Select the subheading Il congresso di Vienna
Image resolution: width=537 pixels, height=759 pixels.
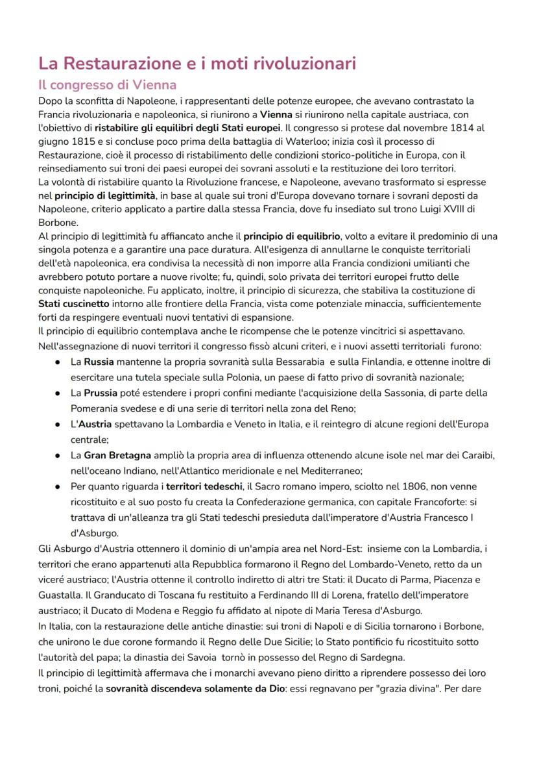[x=107, y=85]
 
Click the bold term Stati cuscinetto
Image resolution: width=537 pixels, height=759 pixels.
[x=75, y=304]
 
